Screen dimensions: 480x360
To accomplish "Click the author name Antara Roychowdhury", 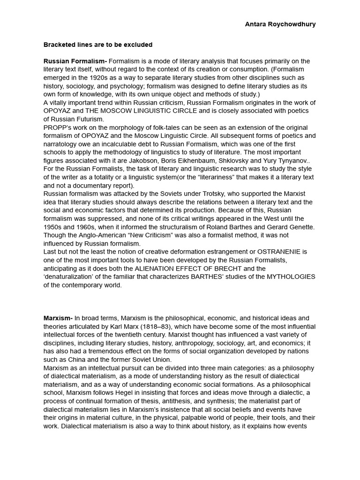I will (x=280, y=24).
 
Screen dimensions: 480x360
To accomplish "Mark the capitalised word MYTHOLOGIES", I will (x=291, y=277).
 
